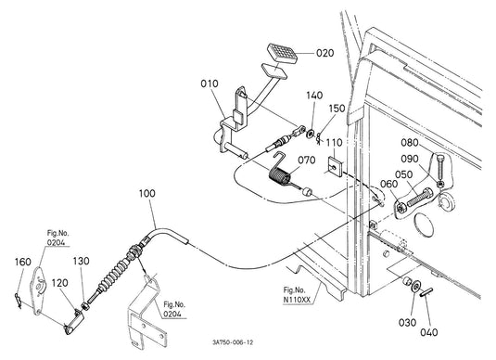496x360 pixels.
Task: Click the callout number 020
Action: point(324,53)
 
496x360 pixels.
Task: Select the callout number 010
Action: point(210,84)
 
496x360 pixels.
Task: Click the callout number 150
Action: point(336,109)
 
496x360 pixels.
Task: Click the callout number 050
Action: point(403,174)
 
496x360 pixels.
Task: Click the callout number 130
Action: point(82,263)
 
